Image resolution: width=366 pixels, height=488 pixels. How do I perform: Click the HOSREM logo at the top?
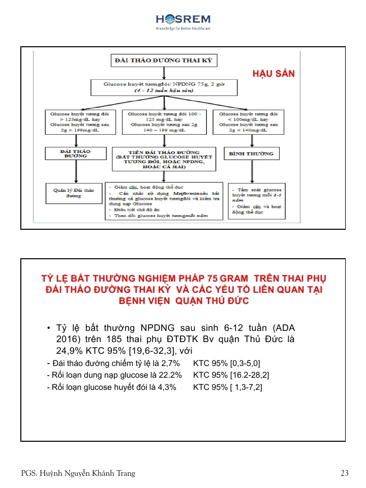tap(183, 21)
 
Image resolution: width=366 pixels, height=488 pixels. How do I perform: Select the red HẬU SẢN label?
tap(273, 74)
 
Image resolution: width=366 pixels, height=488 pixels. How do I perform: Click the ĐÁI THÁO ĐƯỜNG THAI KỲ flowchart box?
tap(164, 61)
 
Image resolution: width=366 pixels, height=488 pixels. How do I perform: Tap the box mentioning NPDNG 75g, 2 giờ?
tap(163, 87)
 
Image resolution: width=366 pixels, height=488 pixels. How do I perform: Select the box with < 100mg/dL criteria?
tap(249, 121)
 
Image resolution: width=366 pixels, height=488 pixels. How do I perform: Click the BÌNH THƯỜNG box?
tap(252, 153)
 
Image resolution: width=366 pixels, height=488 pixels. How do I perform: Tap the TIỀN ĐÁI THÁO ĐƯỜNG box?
tap(163, 159)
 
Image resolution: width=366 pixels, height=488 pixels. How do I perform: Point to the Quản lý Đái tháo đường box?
tap(74, 193)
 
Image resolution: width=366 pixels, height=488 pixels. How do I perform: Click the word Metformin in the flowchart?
tap(187, 193)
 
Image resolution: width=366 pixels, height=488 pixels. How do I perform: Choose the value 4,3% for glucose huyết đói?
tap(166, 387)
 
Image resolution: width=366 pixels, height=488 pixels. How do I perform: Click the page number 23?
tap(344, 473)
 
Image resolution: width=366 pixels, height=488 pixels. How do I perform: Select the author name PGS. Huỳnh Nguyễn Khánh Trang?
tap(78, 473)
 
